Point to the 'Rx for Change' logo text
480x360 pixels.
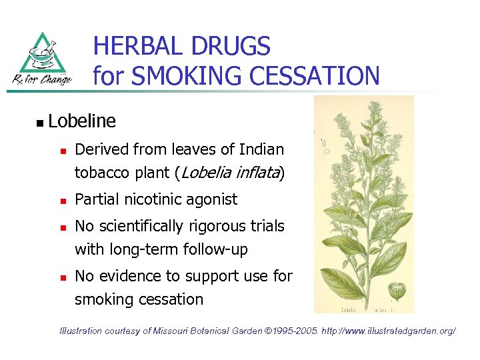(x=41, y=81)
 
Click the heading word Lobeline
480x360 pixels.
(x=82, y=121)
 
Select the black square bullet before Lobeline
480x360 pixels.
(x=39, y=123)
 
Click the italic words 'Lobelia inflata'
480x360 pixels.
(x=229, y=173)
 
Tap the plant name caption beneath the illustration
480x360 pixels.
(x=364, y=309)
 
